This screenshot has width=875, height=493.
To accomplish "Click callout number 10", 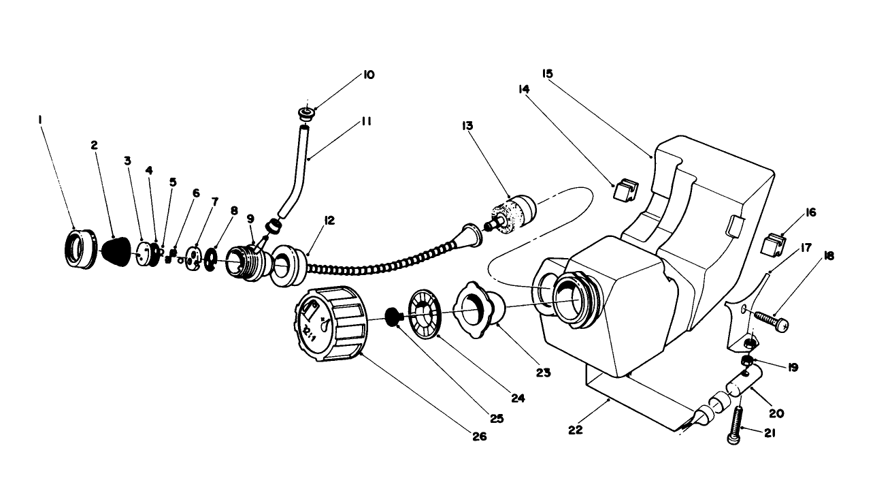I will click(x=369, y=75).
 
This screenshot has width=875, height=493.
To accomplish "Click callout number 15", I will click(x=547, y=73).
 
